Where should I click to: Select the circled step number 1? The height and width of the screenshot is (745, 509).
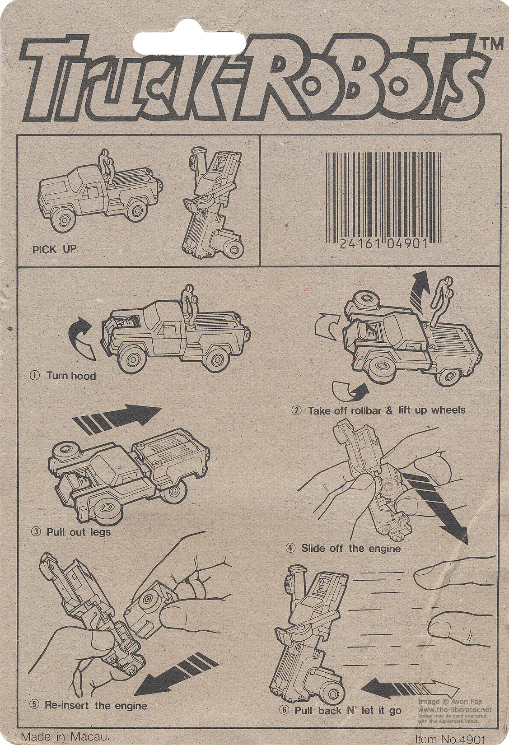tap(35, 376)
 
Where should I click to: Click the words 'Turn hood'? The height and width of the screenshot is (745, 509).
tap(71, 376)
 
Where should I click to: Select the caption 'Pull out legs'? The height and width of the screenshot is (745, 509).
tap(78, 532)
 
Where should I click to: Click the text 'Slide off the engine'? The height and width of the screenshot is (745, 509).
tap(351, 548)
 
